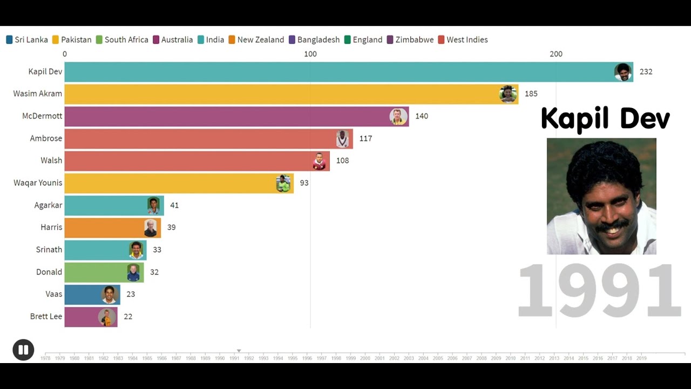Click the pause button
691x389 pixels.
(x=23, y=350)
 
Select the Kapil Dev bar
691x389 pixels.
(x=345, y=72)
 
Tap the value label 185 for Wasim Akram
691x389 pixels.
(x=531, y=94)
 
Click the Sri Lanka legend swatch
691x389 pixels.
(x=9, y=40)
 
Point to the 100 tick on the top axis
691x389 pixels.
(x=310, y=54)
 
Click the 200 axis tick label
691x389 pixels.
(x=555, y=54)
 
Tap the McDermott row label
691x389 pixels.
(x=42, y=116)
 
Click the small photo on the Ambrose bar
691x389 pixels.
(x=343, y=139)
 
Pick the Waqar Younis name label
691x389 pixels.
(x=38, y=183)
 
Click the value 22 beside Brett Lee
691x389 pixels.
(x=128, y=317)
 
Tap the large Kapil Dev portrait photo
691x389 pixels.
(x=601, y=196)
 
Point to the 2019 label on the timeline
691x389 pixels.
(x=641, y=358)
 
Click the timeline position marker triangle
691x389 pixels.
(x=239, y=351)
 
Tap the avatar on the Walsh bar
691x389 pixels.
(x=320, y=161)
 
